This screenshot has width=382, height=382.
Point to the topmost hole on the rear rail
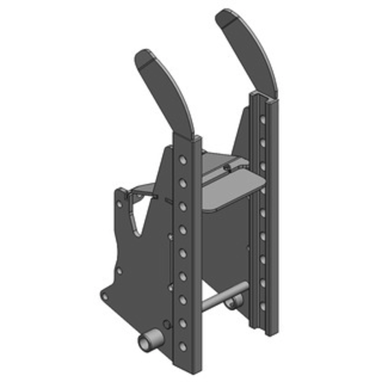(x=262, y=119)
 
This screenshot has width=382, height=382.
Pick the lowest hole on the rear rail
(x=262, y=306)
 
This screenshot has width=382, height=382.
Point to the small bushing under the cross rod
(x=234, y=302)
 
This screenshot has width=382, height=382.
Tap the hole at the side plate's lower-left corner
(x=105, y=297)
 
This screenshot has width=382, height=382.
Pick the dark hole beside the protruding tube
(x=166, y=324)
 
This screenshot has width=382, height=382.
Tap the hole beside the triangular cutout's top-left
(x=119, y=204)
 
